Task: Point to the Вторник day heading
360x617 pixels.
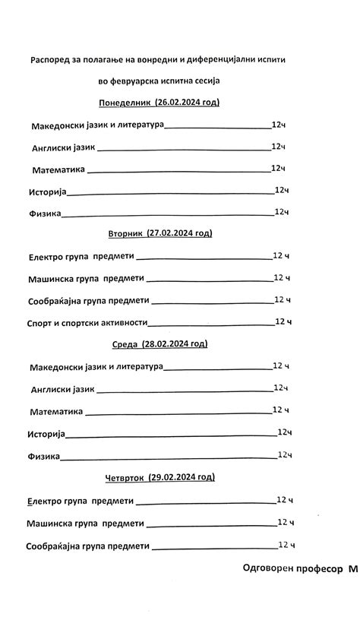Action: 125,233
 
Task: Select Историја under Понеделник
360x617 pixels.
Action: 48,191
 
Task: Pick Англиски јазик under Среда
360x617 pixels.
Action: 62,389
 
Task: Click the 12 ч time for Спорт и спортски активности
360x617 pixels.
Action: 283,321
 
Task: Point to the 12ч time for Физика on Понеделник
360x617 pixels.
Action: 281,212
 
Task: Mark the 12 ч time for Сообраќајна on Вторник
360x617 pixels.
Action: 283,299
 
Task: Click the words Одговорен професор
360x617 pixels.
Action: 292,568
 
